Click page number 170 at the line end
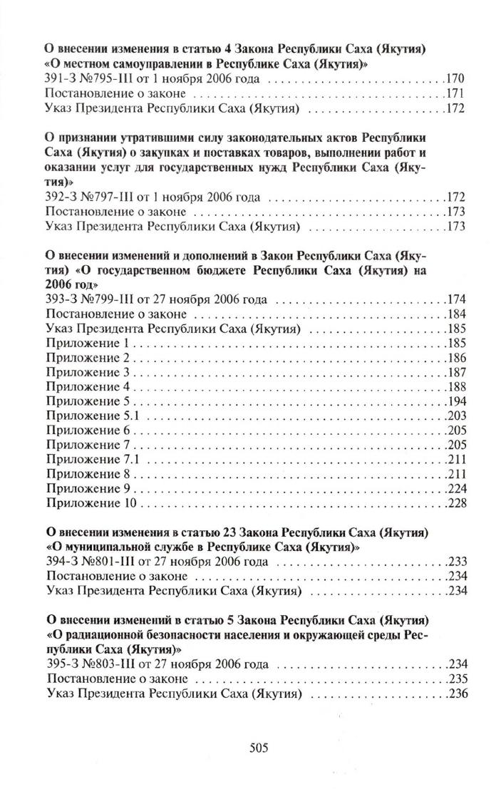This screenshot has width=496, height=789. click(455, 78)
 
